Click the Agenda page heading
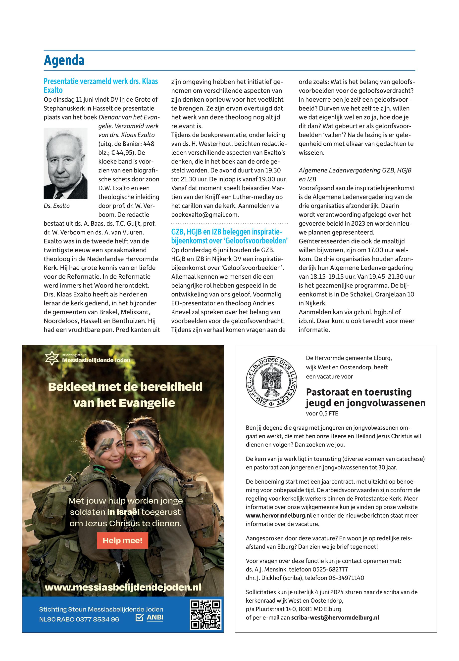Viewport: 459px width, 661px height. tap(64, 60)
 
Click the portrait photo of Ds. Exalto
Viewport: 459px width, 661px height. tap(66, 164)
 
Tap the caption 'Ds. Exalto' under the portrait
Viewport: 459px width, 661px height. tap(57, 206)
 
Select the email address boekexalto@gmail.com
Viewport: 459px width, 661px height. tap(205, 215)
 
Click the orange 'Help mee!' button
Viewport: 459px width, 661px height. tap(122, 540)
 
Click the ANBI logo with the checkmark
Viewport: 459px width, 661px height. tap(150, 617)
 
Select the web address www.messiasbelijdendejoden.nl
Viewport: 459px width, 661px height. tap(123, 587)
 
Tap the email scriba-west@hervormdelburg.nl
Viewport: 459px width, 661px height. tap(335, 617)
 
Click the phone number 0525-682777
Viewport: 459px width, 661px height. tap(330, 569)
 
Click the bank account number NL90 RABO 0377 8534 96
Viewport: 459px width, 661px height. tap(79, 619)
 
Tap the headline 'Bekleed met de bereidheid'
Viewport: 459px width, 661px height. tap(125, 387)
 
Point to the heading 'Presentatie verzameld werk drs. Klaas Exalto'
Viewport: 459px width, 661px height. tap(101, 85)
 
